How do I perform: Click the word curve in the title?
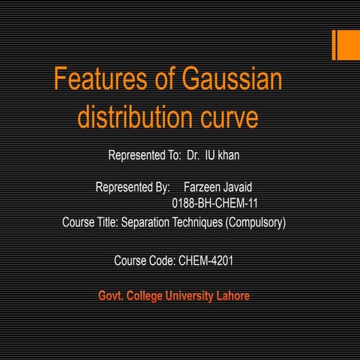[229, 118]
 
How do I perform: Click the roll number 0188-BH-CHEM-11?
[215, 202]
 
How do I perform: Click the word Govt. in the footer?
[112, 296]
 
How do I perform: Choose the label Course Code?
[145, 261]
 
